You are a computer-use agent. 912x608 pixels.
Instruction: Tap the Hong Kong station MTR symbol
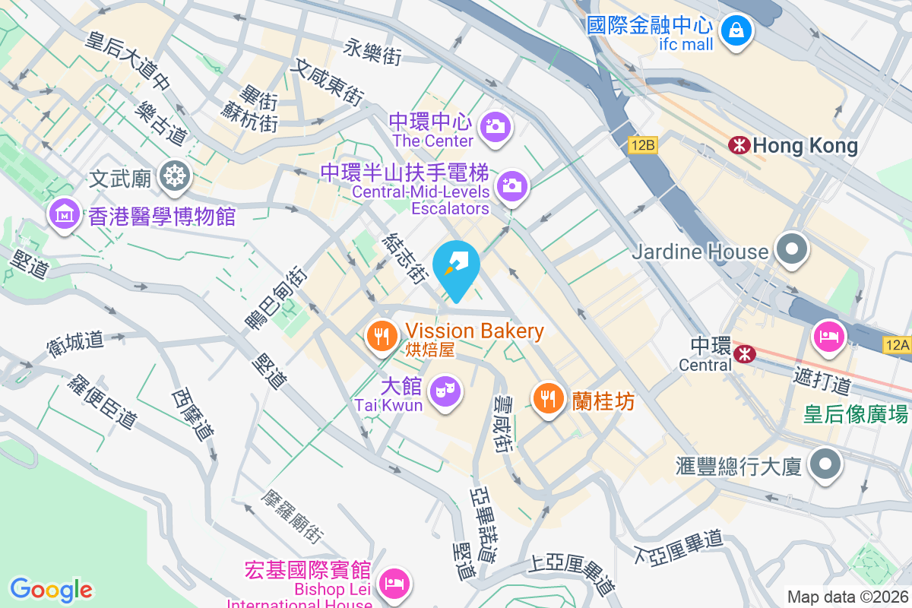738,145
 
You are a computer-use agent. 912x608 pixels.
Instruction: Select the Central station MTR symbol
744,353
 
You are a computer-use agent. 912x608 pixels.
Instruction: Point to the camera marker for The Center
496,126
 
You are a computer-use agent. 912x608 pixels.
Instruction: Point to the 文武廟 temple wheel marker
175,177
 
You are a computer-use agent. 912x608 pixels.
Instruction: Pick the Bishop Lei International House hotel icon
395,583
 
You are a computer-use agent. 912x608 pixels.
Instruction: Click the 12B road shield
642,144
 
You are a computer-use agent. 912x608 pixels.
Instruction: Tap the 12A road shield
897,345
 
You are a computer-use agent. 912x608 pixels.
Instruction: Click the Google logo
51,589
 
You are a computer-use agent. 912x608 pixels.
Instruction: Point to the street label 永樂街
372,51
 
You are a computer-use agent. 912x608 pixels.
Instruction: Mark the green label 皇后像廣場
856,415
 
